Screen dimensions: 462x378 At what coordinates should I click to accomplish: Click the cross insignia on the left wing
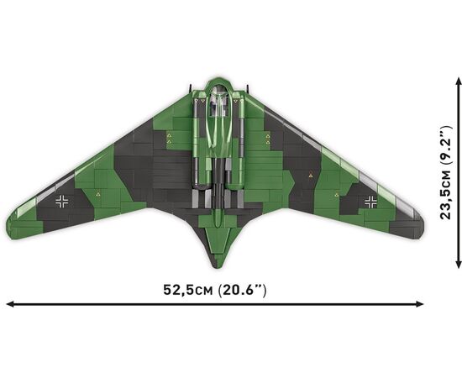(x=62, y=202)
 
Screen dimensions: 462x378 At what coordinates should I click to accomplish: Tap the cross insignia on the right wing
(x=370, y=202)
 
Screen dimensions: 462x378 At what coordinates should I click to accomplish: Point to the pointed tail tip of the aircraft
(x=217, y=266)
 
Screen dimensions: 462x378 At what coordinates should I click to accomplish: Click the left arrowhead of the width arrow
(x=9, y=304)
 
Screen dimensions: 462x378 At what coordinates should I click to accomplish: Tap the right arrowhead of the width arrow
(x=420, y=304)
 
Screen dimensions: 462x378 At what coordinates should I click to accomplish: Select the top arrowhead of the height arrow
(x=458, y=81)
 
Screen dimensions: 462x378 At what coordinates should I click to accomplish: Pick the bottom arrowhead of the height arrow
(x=458, y=265)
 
